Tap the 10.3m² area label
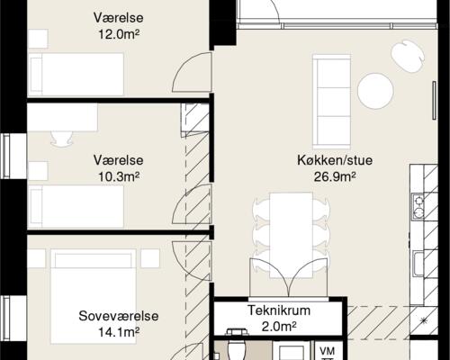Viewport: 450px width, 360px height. pos(120,176)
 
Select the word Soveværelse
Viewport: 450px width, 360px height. pos(119,317)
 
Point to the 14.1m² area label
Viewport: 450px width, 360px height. pos(119,333)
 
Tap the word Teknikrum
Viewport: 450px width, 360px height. pos(279,310)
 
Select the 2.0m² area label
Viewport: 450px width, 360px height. pos(279,326)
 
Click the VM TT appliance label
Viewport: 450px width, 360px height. pos(327,352)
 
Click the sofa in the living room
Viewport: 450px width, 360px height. pos(329,100)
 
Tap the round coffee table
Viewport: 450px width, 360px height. pos(375,90)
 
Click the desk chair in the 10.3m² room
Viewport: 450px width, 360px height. pos(61,138)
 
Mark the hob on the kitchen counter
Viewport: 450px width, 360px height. pos(419,208)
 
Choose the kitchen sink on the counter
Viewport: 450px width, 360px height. pos(419,265)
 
